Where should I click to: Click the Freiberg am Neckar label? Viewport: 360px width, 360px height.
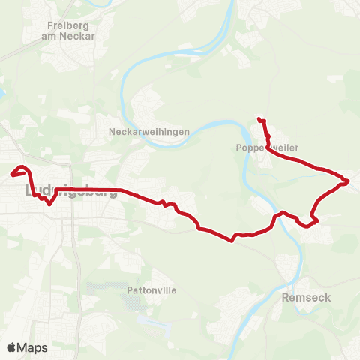point(68,28)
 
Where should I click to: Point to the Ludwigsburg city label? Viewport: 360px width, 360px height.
point(71,190)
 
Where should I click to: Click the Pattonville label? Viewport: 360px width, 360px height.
point(151,289)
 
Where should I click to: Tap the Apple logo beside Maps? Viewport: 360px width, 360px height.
point(11,347)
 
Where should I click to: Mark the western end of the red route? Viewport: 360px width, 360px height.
point(12,175)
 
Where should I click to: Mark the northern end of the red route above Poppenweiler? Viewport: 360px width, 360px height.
point(259,118)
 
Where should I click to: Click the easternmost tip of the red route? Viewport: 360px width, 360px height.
point(349,181)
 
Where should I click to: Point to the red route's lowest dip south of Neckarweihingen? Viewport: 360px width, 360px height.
point(232,241)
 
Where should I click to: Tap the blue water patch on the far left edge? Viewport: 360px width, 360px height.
point(2,94)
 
